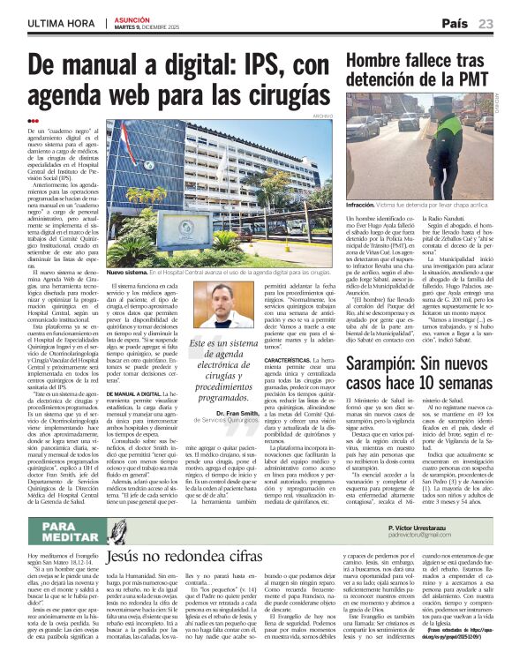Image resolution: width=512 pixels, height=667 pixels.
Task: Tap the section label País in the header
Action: (x=456, y=22)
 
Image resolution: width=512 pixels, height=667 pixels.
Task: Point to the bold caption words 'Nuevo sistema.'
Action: (x=129, y=274)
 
